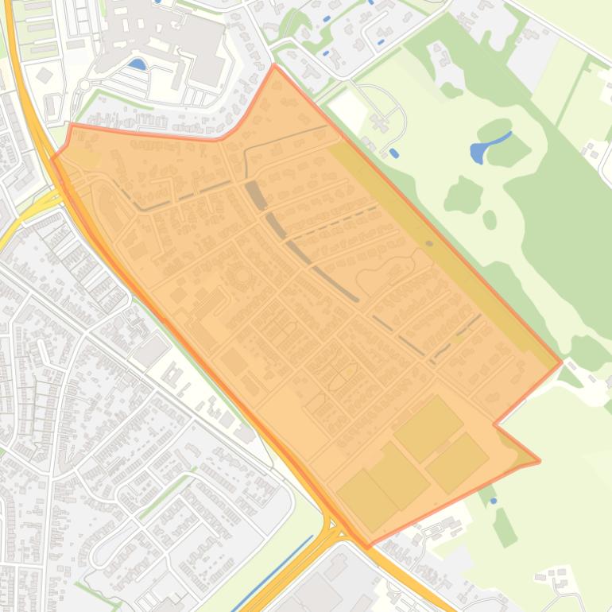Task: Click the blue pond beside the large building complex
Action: [138, 64]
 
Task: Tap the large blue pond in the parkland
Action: [486, 146]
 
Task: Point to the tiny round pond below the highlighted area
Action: [494, 501]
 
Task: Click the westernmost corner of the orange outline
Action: [53, 157]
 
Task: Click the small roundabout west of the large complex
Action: [84, 84]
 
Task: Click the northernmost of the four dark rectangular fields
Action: [428, 428]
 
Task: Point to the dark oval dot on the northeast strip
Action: [429, 244]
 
